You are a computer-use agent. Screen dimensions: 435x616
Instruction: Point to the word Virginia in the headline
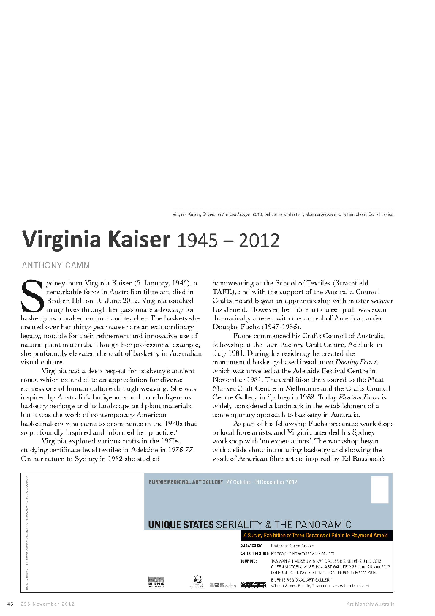(61, 240)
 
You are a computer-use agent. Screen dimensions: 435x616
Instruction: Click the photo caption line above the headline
(282, 214)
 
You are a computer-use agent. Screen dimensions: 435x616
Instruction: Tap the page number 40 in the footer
(10, 603)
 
